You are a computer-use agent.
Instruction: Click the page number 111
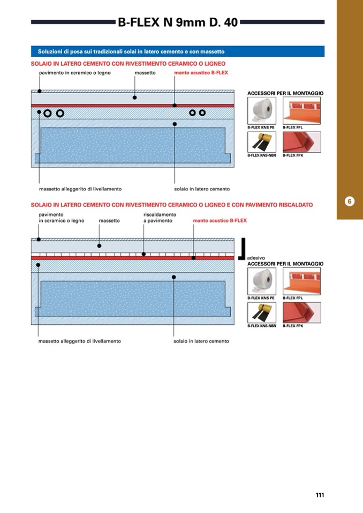[x=320, y=495]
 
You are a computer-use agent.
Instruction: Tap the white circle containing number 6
[x=349, y=202]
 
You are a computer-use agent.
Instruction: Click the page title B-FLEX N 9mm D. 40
[x=178, y=22]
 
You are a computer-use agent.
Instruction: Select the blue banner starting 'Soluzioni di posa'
[x=177, y=52]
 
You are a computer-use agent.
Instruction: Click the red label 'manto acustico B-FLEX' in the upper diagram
[x=201, y=73]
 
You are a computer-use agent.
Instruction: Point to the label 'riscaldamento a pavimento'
[x=160, y=218]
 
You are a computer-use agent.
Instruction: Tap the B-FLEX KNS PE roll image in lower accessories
[x=262, y=281]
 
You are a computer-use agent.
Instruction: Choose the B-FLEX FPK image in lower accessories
[x=301, y=313]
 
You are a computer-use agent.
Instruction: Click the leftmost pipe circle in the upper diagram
[x=48, y=113]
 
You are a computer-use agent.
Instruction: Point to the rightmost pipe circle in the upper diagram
[x=202, y=113]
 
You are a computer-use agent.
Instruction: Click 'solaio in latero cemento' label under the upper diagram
[x=202, y=189]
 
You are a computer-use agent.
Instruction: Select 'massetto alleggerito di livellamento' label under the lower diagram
[x=80, y=341]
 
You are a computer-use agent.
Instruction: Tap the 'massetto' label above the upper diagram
[x=145, y=73]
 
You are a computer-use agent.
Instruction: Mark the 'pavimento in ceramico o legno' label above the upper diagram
[x=75, y=73]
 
